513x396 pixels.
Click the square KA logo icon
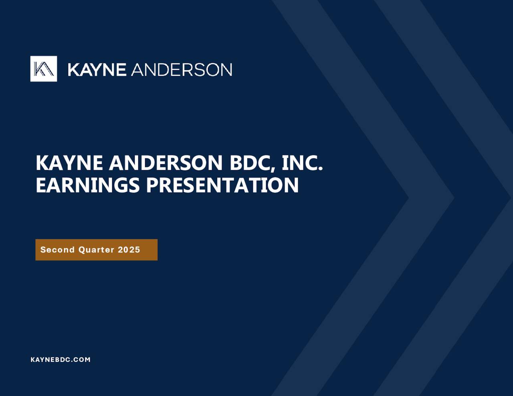(44, 69)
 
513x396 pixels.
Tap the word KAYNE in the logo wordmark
(97, 70)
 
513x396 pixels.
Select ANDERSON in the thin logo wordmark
(182, 70)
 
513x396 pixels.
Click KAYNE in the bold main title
(70, 163)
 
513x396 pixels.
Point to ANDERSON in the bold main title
(166, 163)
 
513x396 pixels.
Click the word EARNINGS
(88, 185)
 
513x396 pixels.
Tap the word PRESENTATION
(222, 185)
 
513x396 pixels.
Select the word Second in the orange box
(57, 250)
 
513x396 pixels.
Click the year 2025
(129, 250)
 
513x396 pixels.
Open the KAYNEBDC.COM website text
(61, 360)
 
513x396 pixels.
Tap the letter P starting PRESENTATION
(153, 185)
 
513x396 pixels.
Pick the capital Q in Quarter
(82, 250)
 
